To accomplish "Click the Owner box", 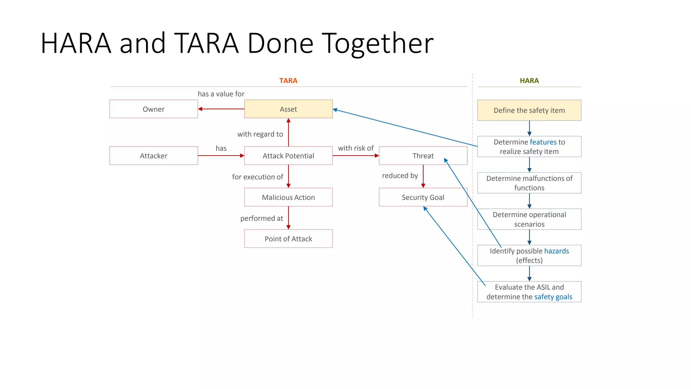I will click(x=154, y=109).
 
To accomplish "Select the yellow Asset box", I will click(x=288, y=109).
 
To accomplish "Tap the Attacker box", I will click(x=154, y=156).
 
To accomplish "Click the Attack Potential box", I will click(x=288, y=156).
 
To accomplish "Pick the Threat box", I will click(x=423, y=156).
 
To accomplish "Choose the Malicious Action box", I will click(x=288, y=197).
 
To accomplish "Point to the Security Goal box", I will click(x=423, y=197).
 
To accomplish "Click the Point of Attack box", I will click(x=288, y=239).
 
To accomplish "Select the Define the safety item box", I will click(x=529, y=110).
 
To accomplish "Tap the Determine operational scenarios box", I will click(x=529, y=219).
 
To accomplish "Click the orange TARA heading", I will click(x=288, y=81).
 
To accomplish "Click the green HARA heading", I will click(x=529, y=81).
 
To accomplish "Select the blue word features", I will click(x=543, y=142).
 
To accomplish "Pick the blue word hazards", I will click(x=556, y=251).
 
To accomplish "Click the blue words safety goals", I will click(x=553, y=297).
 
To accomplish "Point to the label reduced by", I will click(x=400, y=176).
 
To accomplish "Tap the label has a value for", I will click(x=221, y=94).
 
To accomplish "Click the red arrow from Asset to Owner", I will click(x=221, y=109).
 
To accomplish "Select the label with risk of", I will click(x=356, y=148).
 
